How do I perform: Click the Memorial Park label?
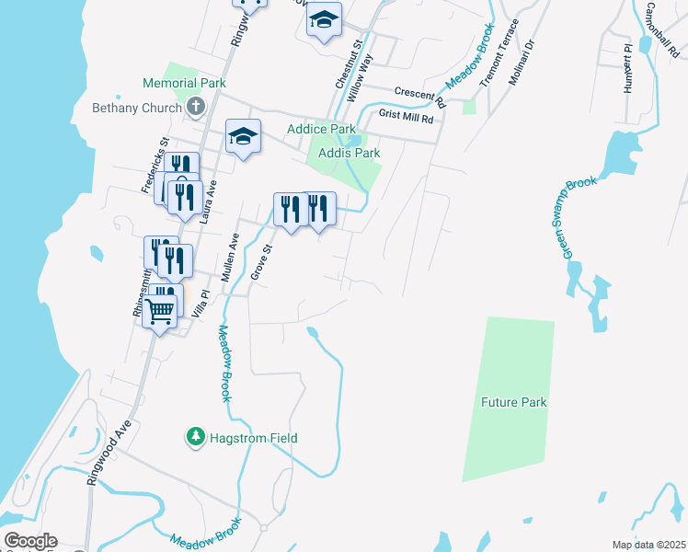184,83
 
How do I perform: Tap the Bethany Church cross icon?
195,108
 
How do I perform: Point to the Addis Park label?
349,153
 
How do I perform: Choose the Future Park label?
513,402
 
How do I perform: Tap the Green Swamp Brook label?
579,217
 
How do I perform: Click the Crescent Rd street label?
419,93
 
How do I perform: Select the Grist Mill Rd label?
406,117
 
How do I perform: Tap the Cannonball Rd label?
662,28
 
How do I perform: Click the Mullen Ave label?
230,257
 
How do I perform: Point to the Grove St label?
263,261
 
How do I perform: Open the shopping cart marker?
160,313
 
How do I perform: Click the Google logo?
30,541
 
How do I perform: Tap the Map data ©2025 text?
648,545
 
